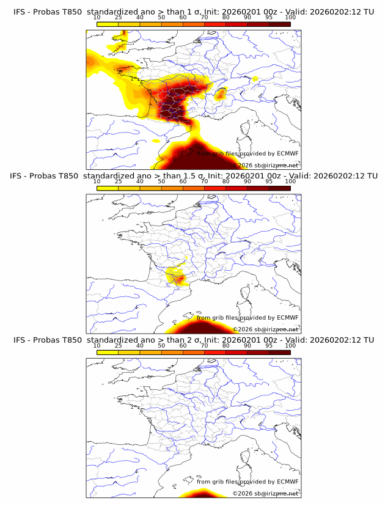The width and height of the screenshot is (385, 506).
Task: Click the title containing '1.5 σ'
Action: (x=193, y=176)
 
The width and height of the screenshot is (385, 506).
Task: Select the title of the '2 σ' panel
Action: (x=193, y=340)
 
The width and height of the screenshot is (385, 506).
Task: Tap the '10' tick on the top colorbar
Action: (x=97, y=17)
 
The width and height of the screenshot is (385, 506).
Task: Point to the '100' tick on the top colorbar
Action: (x=290, y=17)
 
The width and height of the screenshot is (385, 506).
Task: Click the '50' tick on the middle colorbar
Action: (x=161, y=182)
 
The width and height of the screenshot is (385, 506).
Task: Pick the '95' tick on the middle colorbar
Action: (x=269, y=182)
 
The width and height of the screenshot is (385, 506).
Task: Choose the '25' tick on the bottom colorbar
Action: (x=119, y=345)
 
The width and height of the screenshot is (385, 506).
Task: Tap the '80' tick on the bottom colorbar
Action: (x=226, y=345)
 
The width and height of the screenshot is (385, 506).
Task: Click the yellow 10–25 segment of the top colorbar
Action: (x=108, y=24)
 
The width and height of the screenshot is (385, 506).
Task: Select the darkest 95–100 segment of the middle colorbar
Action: (x=279, y=188)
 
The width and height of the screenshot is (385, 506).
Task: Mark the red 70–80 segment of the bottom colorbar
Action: (x=215, y=352)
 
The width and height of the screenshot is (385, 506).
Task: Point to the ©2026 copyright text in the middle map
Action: (x=266, y=329)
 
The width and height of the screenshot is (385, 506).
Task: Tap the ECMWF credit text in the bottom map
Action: (x=248, y=482)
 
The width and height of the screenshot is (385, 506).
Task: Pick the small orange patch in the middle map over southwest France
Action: (x=178, y=279)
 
